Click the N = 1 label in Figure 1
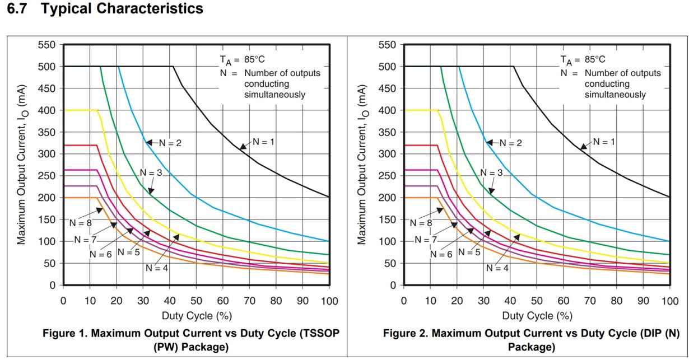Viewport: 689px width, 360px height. [263, 142]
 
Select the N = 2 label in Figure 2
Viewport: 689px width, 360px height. [510, 143]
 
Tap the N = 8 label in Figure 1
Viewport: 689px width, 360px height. [81, 222]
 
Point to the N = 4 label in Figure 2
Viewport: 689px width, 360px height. [497, 268]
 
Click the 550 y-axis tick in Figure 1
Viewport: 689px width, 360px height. [46, 45]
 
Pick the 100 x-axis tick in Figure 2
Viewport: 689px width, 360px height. [669, 301]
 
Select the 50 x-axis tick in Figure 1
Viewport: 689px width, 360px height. [195, 301]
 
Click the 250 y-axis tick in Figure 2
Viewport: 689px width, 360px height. [388, 176]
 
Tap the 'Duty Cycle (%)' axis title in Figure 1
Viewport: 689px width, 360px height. [195, 315]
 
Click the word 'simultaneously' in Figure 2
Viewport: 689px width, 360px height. [615, 95]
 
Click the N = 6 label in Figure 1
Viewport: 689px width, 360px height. [101, 254]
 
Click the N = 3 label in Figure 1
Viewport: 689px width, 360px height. [151, 173]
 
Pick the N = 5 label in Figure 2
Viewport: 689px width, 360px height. [469, 252]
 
